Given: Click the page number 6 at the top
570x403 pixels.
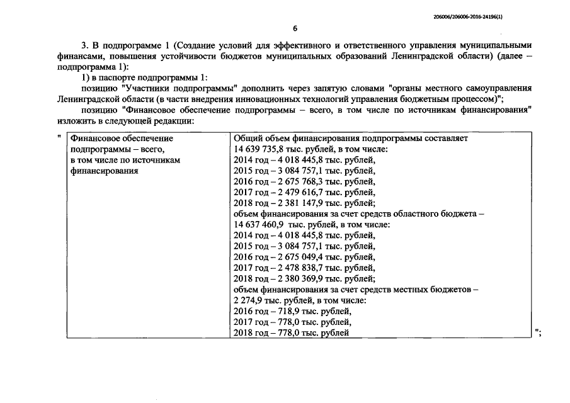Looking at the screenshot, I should coord(295,28).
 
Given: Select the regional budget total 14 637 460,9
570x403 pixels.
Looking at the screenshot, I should coord(258,224).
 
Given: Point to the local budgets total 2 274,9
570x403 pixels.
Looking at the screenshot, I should coord(246,300).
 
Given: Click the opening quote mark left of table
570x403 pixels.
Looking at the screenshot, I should coord(58,137).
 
